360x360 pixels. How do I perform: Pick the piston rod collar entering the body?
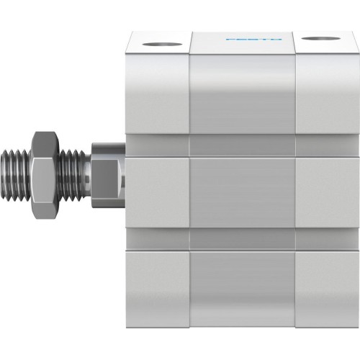click(x=107, y=173)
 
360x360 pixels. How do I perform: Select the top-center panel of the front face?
click(x=243, y=97)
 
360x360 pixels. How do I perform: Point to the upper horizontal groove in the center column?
click(x=243, y=146)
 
